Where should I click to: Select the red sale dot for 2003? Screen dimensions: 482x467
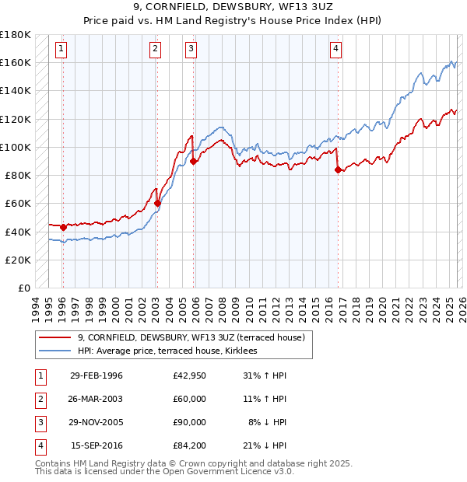pyautogui.click(x=157, y=204)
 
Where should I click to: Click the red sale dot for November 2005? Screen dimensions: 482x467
pyautogui.click(x=193, y=161)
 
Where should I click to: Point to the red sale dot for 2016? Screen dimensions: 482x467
pyautogui.click(x=338, y=169)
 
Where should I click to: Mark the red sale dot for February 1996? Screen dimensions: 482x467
pyautogui.click(x=63, y=227)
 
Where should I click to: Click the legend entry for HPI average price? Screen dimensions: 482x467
pyautogui.click(x=172, y=351)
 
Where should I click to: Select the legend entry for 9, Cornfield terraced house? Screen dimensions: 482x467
pyautogui.click(x=195, y=337)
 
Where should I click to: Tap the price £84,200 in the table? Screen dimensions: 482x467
pyautogui.click(x=189, y=445)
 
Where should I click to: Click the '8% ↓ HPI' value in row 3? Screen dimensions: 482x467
pyautogui.click(x=267, y=422)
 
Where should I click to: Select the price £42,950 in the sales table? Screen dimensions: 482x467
pyautogui.click(x=189, y=375)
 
